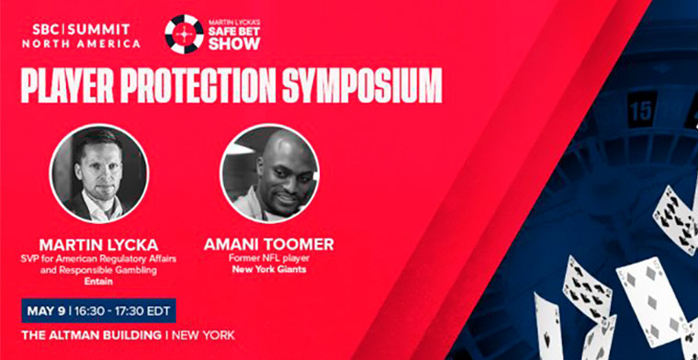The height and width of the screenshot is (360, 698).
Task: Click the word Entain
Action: (97, 282)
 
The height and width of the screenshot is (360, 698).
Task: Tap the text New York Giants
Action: (269, 270)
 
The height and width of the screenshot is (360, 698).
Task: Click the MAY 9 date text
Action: (46, 309)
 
